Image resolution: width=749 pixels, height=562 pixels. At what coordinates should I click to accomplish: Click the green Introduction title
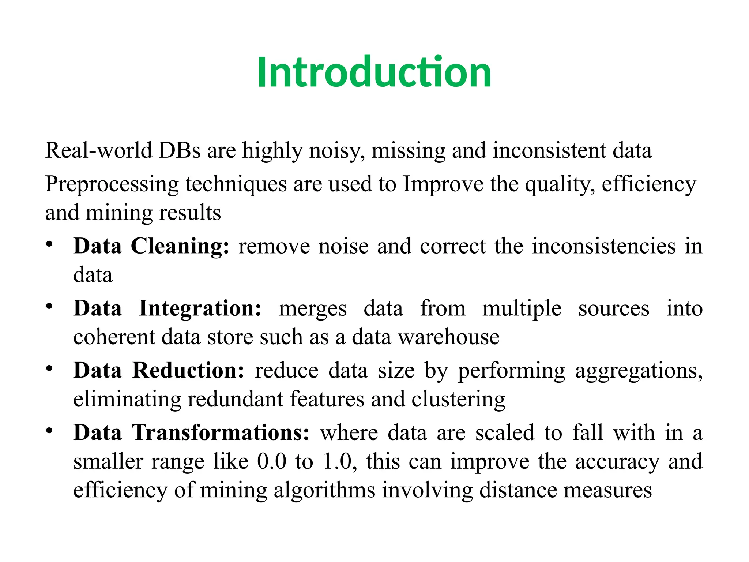[x=374, y=72]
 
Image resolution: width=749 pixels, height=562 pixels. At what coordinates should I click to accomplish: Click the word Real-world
[x=98, y=150]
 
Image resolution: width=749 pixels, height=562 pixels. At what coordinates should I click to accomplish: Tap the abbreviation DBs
[x=179, y=150]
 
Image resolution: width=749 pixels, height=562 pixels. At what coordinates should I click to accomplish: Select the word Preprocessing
[x=112, y=184]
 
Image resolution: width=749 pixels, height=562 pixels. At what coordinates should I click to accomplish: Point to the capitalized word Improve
[x=443, y=184]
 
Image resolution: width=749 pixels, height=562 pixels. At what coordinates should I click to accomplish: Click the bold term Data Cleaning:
[x=151, y=246]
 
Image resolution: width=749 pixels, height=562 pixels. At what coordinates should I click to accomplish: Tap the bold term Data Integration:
[x=168, y=308]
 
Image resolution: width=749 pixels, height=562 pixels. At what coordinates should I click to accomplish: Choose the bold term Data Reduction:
[x=159, y=370]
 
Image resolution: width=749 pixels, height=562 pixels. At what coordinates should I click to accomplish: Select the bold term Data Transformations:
[x=191, y=432]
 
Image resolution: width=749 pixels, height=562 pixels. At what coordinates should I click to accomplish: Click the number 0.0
[x=272, y=461]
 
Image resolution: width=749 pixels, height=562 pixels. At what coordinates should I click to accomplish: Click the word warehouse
[x=449, y=337]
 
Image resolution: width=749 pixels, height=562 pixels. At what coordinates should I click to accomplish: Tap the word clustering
[x=458, y=400]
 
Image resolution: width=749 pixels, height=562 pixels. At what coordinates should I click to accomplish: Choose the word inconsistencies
[x=603, y=246]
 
